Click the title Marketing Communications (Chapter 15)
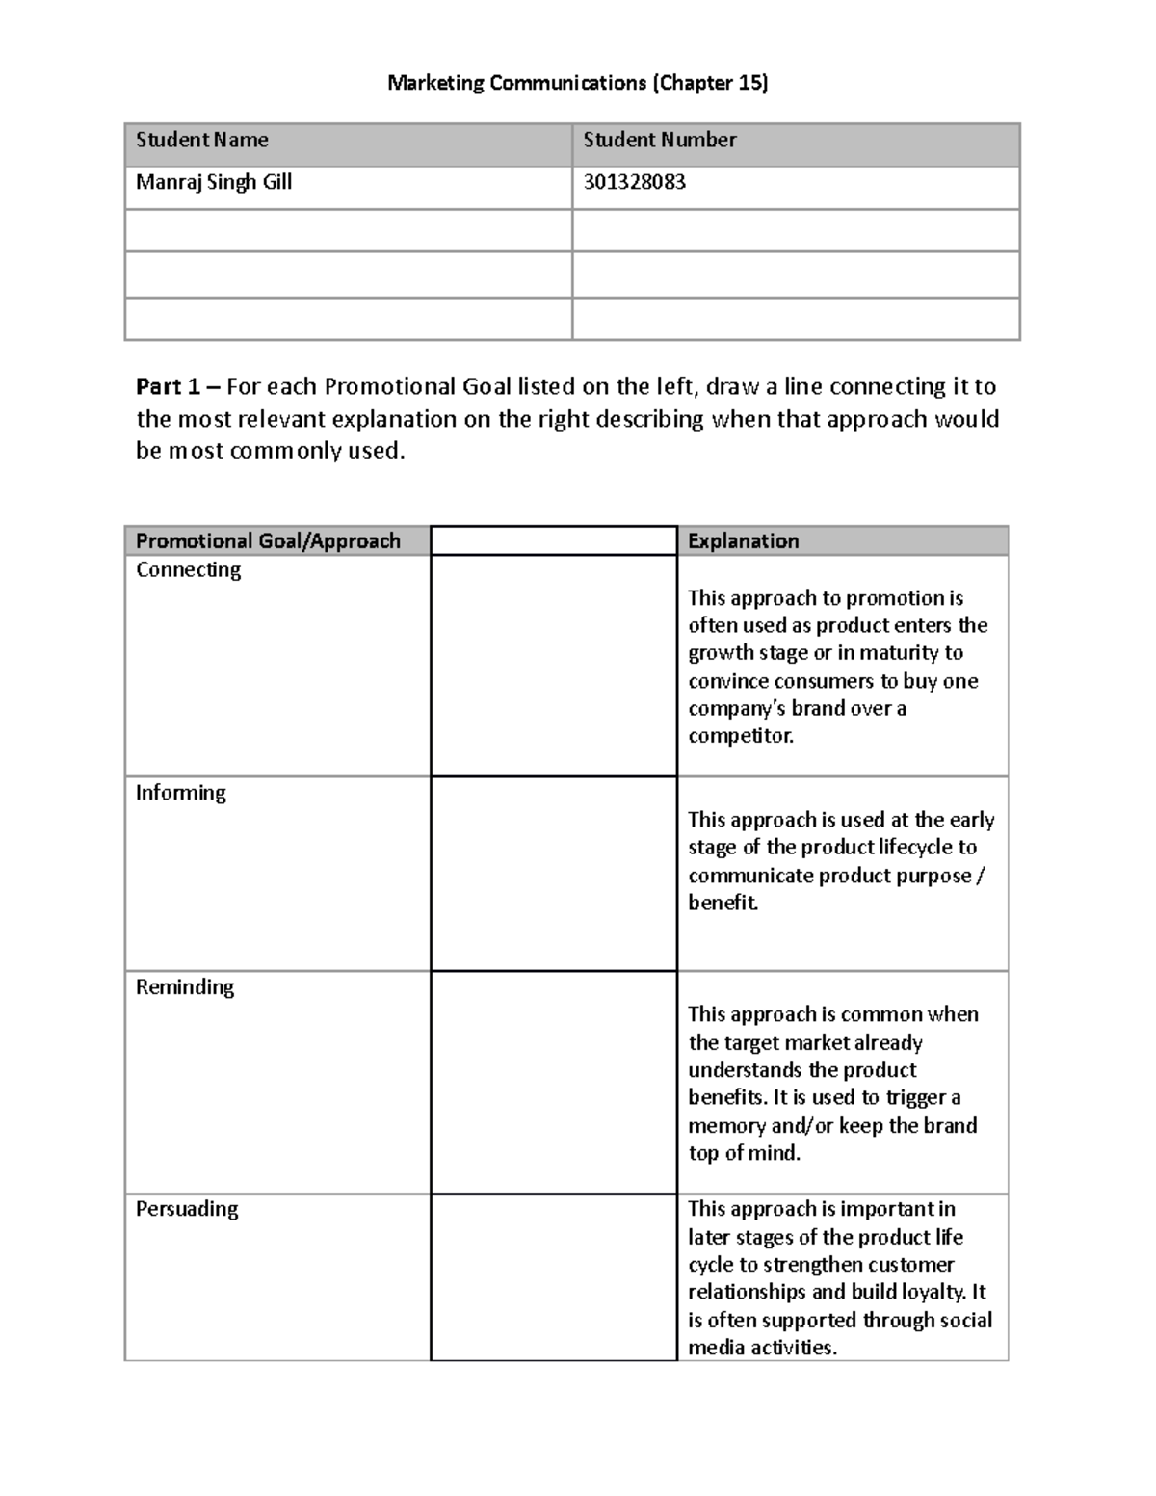(x=577, y=83)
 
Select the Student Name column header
(x=202, y=141)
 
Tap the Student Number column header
(x=659, y=141)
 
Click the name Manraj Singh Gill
(x=214, y=183)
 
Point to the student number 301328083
(x=634, y=183)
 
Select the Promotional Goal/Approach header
(x=268, y=541)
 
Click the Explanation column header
(x=743, y=541)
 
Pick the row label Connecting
(x=188, y=570)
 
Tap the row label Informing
(x=181, y=793)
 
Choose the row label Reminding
(x=185, y=987)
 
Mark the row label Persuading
(x=187, y=1209)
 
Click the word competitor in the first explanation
(x=740, y=737)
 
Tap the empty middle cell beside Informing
(x=554, y=874)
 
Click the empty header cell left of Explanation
(x=554, y=541)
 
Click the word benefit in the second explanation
(x=722, y=904)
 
